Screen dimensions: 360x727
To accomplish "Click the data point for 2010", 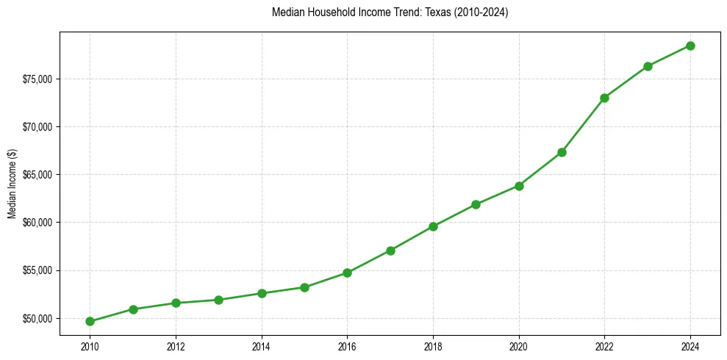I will [x=90, y=321].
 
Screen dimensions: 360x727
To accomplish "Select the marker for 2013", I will [x=218, y=300].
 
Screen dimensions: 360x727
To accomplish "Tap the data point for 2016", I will [x=347, y=273].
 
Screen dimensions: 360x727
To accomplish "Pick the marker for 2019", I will [x=476, y=204].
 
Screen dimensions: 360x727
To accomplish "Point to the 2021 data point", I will [x=562, y=152].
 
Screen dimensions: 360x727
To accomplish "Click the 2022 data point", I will [x=604, y=98].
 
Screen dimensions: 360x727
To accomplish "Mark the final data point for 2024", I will [x=690, y=46].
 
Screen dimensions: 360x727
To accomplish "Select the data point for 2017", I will [x=390, y=251].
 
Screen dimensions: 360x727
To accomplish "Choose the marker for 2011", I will [x=133, y=309].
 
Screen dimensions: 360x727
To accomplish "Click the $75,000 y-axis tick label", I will [x=38, y=79].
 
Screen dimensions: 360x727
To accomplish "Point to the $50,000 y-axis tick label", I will [x=38, y=318].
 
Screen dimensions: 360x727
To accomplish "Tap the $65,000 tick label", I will [x=38, y=175].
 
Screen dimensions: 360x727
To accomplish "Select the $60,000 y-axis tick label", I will [x=38, y=223].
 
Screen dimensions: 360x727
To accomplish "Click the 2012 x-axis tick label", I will [x=176, y=346].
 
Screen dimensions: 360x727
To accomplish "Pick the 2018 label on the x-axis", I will [x=433, y=346].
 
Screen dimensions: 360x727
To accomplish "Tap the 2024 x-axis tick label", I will [x=690, y=346].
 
